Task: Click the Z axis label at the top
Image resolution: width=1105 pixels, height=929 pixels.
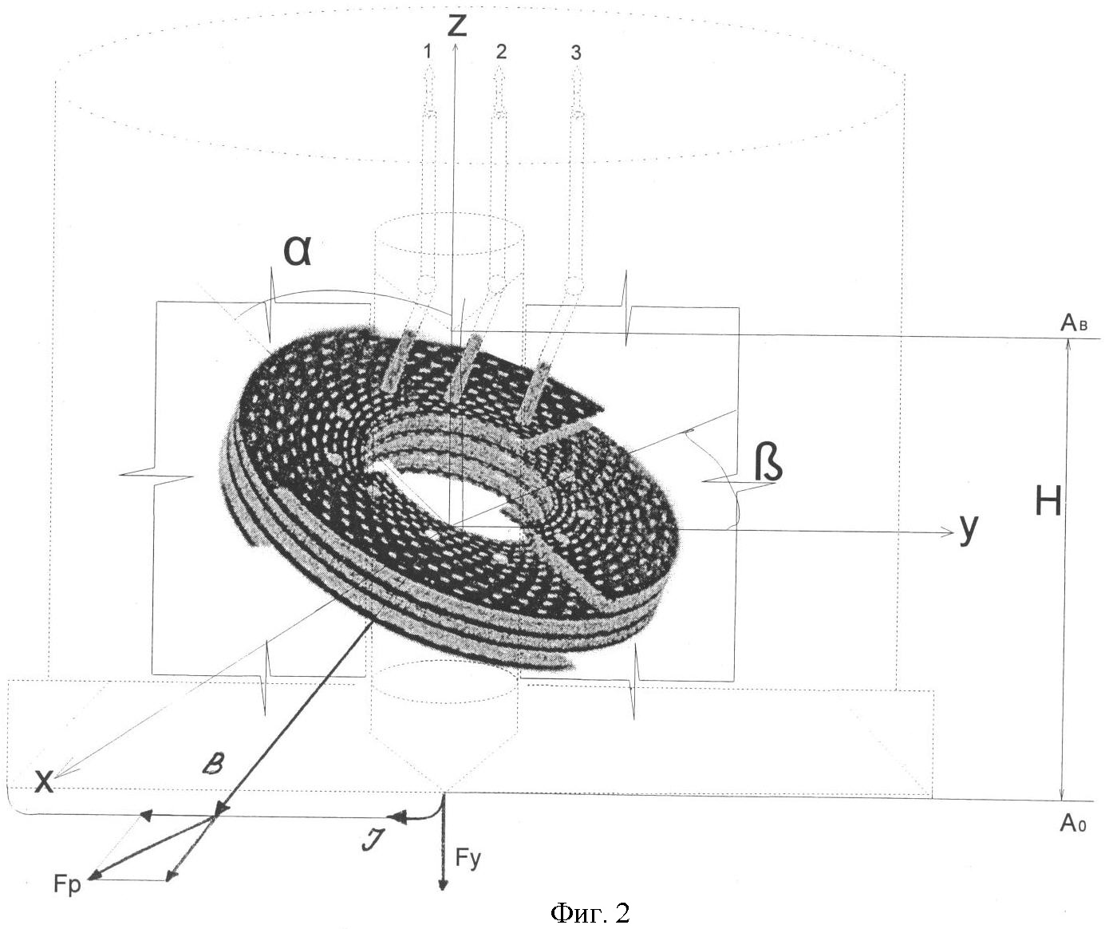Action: point(456,25)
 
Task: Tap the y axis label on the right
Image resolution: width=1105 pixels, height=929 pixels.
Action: point(969,530)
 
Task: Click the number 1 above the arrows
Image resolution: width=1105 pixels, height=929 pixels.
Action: point(428,51)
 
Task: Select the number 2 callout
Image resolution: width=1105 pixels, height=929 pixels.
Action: point(501,51)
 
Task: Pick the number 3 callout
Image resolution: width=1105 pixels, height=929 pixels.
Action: point(576,53)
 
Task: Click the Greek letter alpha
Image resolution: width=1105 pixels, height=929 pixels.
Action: point(298,251)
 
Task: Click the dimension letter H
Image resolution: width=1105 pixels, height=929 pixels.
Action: point(1048,501)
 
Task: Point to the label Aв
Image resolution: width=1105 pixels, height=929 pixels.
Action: point(1074,322)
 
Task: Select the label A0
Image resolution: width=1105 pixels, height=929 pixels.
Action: point(1073,823)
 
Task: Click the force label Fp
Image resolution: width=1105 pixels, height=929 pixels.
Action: point(67,884)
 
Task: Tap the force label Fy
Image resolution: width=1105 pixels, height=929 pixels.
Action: point(468,859)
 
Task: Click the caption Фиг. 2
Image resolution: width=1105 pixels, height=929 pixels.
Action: point(590,913)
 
